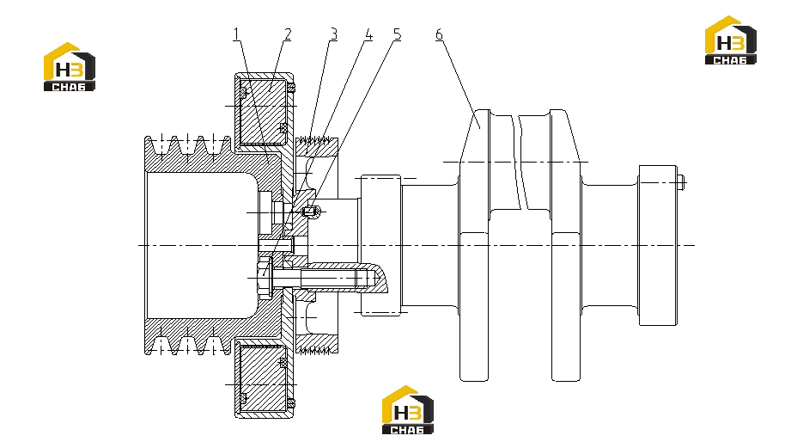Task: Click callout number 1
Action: coord(235,34)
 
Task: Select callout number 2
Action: coord(288,34)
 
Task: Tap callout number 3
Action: coord(333,34)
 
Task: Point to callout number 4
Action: coord(368,34)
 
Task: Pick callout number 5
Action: coord(397,34)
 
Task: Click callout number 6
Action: coord(439,34)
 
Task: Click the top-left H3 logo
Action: coord(69,67)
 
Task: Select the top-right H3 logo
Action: coord(730,40)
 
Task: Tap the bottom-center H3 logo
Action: coord(408,410)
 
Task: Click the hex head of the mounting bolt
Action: coord(265,278)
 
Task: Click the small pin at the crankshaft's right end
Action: coord(681,181)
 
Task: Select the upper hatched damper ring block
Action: coord(263,109)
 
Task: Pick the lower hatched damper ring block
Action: coord(263,378)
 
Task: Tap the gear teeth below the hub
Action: coord(316,350)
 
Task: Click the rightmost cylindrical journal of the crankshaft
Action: coord(658,245)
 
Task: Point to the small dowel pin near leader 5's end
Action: coord(311,211)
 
